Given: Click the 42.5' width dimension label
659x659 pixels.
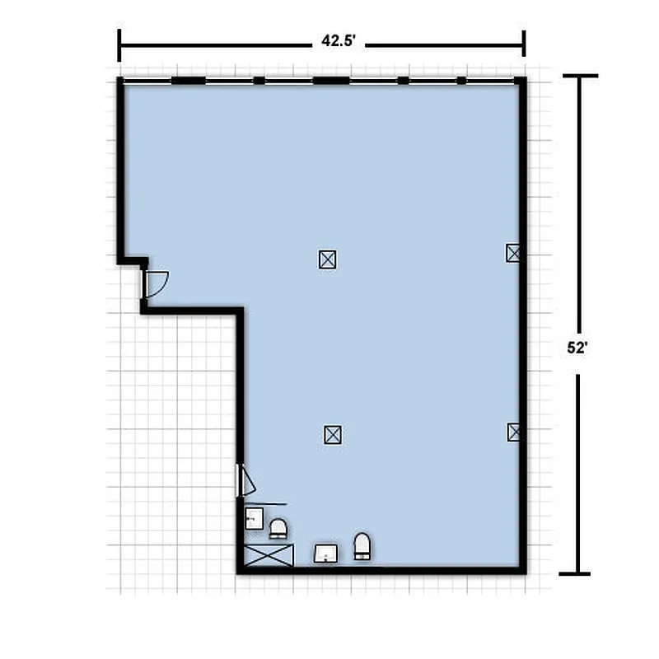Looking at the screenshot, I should [x=338, y=44].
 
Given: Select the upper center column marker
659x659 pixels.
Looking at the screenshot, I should [x=328, y=259].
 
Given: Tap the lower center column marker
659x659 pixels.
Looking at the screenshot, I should [x=332, y=434].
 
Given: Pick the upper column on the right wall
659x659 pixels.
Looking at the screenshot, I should [x=513, y=253].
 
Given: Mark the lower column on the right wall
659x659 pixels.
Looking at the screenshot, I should [x=514, y=432].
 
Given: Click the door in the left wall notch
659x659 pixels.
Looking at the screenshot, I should [x=154, y=283].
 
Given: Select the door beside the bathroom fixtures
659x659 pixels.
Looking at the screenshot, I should [x=246, y=481].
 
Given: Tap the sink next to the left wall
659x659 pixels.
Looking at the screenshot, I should [x=254, y=519].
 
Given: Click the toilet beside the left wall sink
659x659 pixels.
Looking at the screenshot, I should [x=278, y=528].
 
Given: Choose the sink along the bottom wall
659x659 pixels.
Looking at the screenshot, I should [x=327, y=553].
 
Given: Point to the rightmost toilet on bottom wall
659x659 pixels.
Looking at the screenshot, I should [x=362, y=546].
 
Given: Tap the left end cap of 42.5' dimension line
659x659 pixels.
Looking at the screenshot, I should [x=119, y=44].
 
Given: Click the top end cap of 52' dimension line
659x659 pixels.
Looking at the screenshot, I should [x=580, y=76].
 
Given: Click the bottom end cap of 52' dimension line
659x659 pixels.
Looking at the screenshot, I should [x=580, y=573].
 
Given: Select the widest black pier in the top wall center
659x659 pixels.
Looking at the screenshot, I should [x=331, y=80].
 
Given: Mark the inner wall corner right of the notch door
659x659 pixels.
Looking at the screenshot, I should [x=241, y=311].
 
